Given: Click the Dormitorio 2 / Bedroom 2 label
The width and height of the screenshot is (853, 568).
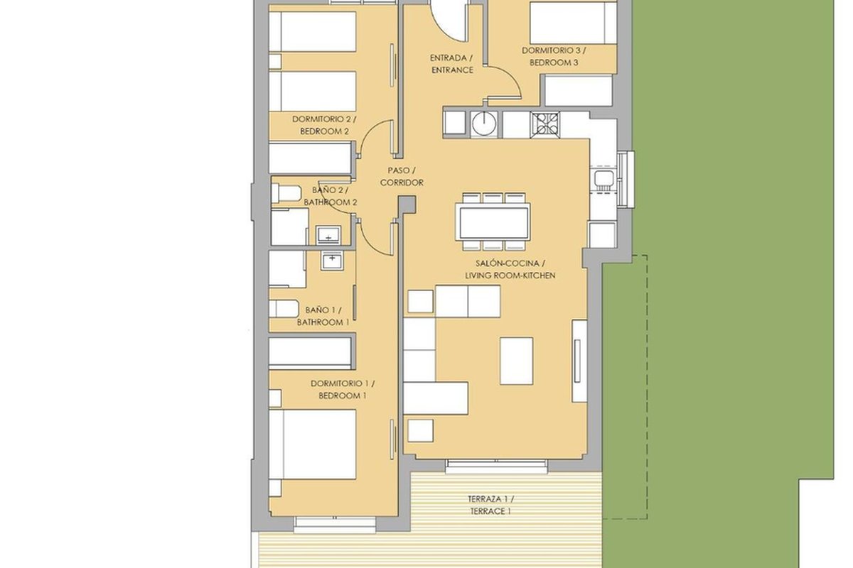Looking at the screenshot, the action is pos(324,125).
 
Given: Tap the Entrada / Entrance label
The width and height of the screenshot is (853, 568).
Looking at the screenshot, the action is pos(451,64).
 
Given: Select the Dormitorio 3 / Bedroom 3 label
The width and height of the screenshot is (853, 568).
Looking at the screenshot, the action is pos(554,56).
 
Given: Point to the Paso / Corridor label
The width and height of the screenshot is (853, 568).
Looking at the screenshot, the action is pos(402,177).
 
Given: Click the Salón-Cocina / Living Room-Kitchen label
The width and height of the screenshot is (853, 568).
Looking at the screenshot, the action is pos(510,269).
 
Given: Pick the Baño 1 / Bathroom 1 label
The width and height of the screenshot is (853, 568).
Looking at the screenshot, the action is pos(323,316).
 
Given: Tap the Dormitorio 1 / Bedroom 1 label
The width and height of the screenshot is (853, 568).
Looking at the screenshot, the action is pos(343,390).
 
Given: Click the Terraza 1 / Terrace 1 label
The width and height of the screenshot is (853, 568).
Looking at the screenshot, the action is pos(490,505).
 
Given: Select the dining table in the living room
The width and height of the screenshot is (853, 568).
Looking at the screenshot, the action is pos(493,222).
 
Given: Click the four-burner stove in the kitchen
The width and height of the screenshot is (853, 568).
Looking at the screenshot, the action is pos(545,125).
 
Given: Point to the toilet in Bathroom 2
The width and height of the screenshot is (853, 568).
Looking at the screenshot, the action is pos(286,193).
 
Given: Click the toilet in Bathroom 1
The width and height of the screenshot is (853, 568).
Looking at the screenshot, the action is pos(284,309).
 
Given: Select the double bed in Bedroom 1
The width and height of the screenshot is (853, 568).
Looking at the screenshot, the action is pos(313,444).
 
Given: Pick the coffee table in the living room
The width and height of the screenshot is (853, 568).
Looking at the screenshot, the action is pos(516,361).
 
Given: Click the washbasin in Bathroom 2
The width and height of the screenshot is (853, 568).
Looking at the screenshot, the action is pos(328,234).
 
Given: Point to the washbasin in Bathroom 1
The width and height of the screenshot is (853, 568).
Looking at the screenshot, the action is pos(332,261).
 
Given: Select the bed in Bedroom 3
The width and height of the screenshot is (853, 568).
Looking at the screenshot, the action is pos(573,22).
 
